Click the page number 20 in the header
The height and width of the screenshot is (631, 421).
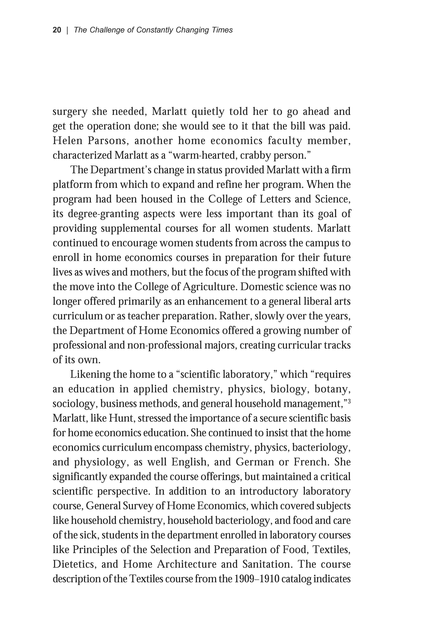pyautogui.click(x=57, y=30)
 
